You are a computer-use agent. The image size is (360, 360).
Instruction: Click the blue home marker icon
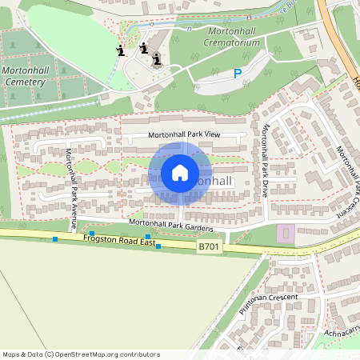[x=180, y=172]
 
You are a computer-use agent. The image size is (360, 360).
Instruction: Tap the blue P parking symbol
[x=237, y=74]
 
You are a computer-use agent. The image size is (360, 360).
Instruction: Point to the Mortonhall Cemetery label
[x=28, y=77]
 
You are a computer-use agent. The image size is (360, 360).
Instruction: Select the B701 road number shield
[x=210, y=249]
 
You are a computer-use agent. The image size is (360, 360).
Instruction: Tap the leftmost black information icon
[x=120, y=51]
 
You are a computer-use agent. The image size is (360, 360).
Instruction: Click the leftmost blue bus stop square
[x=55, y=239]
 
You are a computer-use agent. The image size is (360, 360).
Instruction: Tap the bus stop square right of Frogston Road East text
[x=158, y=246]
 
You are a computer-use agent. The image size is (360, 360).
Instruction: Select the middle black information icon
[x=144, y=48]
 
